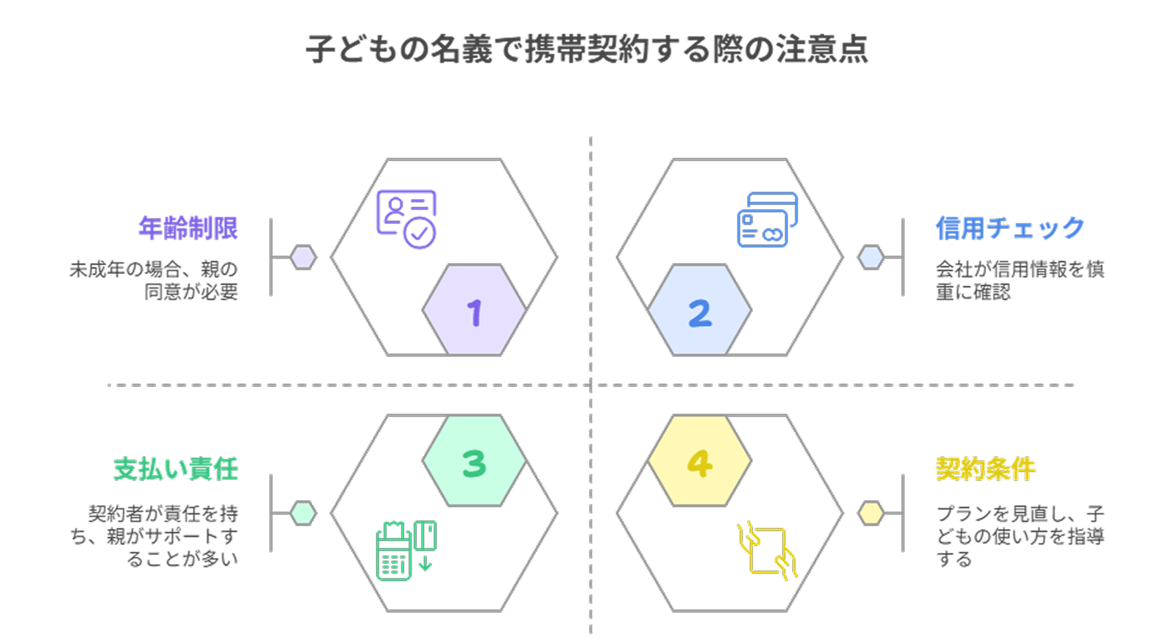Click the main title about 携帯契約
(587, 49)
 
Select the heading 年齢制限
(188, 228)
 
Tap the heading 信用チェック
(1010, 228)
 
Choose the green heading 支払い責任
(175, 469)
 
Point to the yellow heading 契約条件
(985, 469)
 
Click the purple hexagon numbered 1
(474, 310)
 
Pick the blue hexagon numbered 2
(699, 310)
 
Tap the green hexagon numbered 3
(474, 461)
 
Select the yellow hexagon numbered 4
(699, 461)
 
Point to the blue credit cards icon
(767, 220)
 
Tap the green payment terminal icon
(406, 551)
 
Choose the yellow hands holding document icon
(767, 551)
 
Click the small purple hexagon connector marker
(303, 257)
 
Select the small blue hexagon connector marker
(871, 257)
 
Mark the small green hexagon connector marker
(303, 513)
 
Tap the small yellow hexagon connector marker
(871, 513)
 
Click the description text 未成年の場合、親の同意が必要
(154, 280)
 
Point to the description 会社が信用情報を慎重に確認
(1020, 280)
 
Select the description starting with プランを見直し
(1020, 536)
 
